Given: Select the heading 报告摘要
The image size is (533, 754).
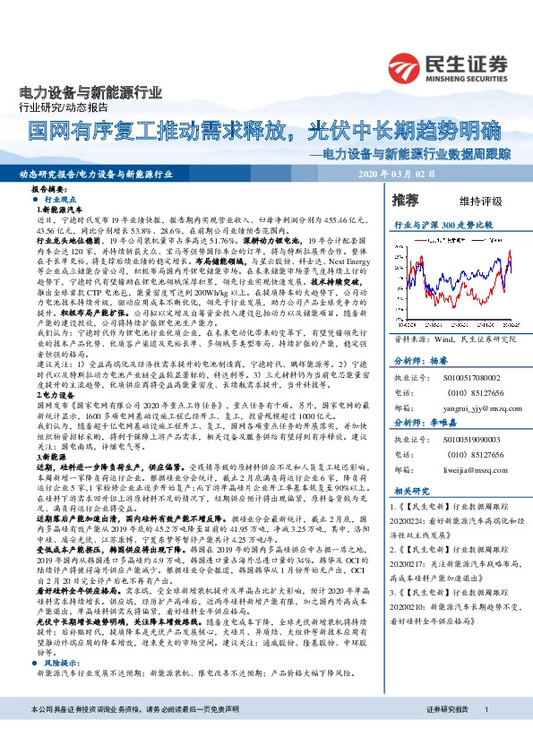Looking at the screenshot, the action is (x=50, y=191).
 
